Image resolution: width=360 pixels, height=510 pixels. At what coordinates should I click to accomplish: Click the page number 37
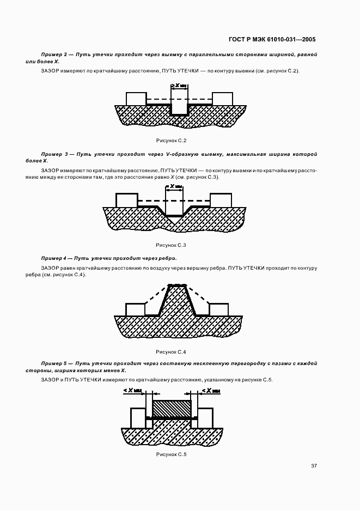tap(314, 466)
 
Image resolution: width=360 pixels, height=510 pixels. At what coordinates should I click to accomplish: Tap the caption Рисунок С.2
tap(172, 141)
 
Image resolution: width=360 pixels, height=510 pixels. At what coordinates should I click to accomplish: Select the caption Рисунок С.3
tap(172, 245)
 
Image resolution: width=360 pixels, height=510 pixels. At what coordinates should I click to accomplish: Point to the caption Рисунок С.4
tap(172, 351)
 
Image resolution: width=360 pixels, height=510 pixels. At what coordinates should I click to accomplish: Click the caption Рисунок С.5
tap(172, 454)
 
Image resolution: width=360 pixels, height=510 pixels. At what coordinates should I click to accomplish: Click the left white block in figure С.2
tap(136, 99)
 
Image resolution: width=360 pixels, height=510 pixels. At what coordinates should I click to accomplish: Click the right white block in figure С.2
tap(222, 99)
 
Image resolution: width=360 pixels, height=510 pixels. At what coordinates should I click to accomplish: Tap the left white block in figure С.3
tap(127, 200)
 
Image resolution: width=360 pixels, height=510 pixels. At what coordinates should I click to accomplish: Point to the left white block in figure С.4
tap(136, 309)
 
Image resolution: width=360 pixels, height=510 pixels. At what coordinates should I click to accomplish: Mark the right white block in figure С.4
tap(218, 309)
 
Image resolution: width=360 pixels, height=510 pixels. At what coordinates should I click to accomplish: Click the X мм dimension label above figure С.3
tap(175, 186)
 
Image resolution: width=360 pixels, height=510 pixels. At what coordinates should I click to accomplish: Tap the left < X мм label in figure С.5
tap(133, 391)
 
